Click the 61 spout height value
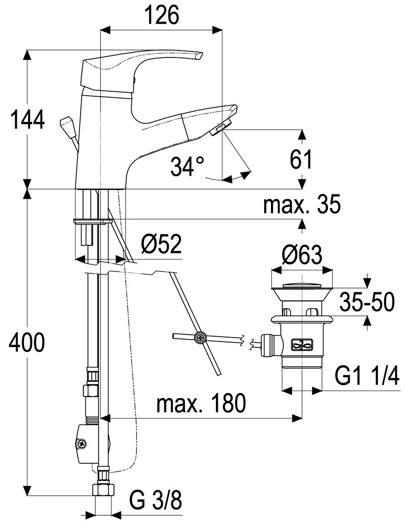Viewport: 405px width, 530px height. tap(301, 159)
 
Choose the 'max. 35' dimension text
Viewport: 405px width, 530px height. tap(301, 205)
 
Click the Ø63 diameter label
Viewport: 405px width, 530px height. tap(302, 255)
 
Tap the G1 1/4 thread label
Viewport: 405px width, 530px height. tap(367, 377)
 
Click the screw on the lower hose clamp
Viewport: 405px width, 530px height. tap(81, 444)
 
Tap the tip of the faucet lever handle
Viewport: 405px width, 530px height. tap(198, 56)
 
